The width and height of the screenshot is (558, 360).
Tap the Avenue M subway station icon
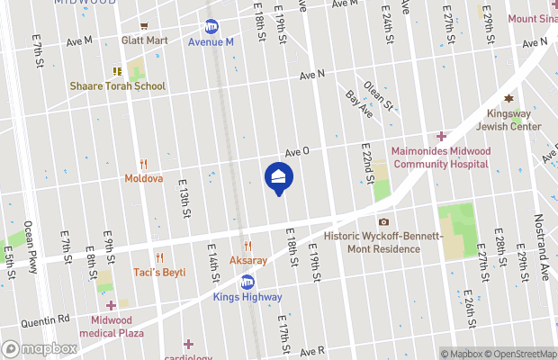pyautogui.click(x=212, y=27)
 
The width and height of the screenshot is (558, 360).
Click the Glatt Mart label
pyautogui.click(x=145, y=40)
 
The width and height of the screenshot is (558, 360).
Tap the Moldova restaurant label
pyautogui.click(x=143, y=178)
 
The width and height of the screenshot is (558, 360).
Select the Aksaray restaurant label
pyautogui.click(x=248, y=259)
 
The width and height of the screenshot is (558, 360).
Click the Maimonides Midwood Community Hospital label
pyautogui.click(x=441, y=157)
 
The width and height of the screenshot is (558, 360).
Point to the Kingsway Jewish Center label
pyautogui.click(x=514, y=121)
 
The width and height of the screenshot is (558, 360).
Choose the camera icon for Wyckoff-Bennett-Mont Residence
pyautogui.click(x=384, y=221)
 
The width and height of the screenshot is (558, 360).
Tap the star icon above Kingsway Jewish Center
pyautogui.click(x=508, y=98)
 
